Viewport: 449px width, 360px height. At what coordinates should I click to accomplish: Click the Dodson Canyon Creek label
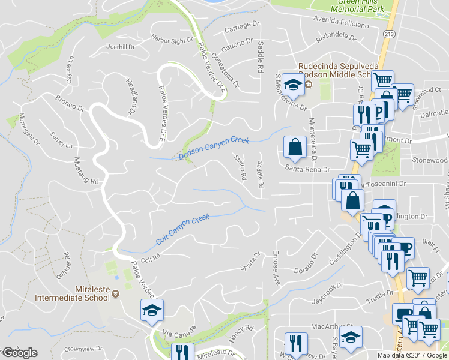coord(214,148)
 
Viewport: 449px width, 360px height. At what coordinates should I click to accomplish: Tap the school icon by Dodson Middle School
coord(292,85)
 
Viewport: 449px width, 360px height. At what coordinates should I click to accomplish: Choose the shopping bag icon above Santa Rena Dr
coord(295,146)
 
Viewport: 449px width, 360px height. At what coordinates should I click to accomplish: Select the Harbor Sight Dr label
coord(173,41)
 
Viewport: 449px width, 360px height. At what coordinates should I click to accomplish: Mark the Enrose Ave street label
coord(277,267)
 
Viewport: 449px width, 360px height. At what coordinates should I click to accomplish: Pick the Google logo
coord(19,353)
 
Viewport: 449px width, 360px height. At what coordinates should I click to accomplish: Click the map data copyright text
coord(412,355)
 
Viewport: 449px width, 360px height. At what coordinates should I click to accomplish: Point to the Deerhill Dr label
coord(120,46)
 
